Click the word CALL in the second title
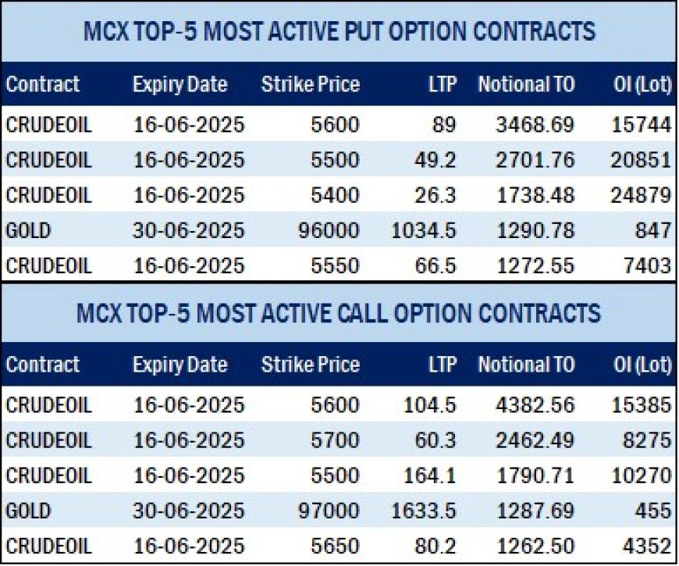361,313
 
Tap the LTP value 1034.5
424,230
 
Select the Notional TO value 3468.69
535,125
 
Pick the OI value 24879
641,195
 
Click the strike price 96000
329,230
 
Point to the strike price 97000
329,511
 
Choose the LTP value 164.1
429,475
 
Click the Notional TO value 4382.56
535,405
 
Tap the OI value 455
653,511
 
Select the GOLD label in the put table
28,230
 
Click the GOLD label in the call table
28,511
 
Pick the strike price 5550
335,265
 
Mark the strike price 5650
335,546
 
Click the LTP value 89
444,125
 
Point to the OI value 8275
647,440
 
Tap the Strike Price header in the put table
311,84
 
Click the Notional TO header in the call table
526,365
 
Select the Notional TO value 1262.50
535,546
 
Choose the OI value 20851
641,160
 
